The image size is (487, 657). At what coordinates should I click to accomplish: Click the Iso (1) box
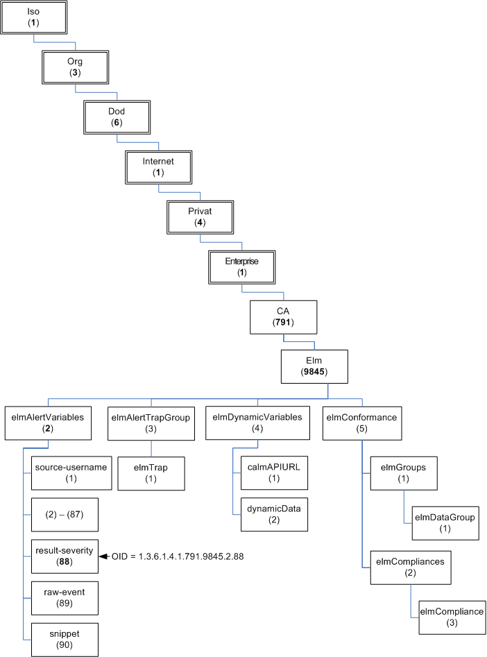pos(35,17)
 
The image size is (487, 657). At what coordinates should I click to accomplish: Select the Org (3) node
pos(75,67)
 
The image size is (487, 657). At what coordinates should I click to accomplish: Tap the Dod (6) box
pos(117,117)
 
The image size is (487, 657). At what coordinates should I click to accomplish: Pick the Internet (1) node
pos(158,167)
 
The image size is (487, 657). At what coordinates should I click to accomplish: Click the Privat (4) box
pos(200,217)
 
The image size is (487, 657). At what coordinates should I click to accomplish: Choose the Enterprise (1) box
pos(241,267)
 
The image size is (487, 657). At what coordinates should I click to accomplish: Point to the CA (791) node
pos(283,317)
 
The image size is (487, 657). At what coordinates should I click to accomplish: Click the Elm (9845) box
pos(314,366)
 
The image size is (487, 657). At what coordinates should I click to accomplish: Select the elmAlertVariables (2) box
pos(48,423)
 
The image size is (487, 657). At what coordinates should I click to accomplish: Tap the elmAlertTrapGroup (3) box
pos(151,423)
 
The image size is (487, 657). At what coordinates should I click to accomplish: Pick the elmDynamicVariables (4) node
pos(255,423)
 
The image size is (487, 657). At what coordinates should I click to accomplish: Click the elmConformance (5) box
pos(361,423)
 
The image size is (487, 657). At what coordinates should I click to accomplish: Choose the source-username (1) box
pos(71,472)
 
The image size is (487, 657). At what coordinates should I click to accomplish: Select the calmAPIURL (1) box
pos(273,472)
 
